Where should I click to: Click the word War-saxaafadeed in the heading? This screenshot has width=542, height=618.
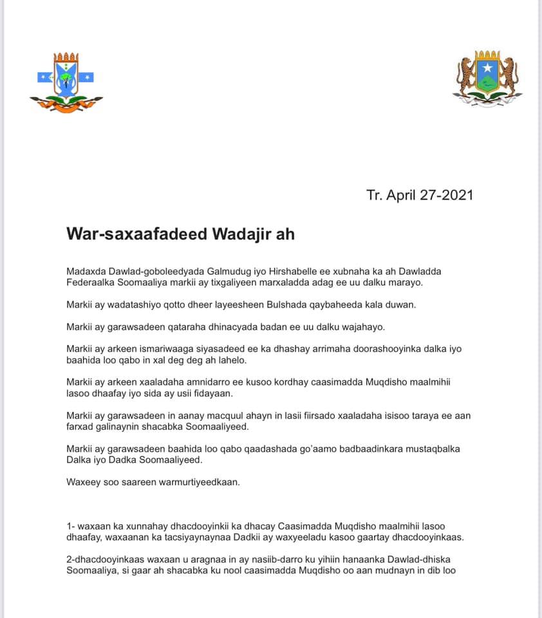pos(135,234)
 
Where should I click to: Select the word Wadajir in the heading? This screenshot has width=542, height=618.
pos(239,234)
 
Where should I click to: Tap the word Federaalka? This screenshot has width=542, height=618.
pos(90,283)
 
